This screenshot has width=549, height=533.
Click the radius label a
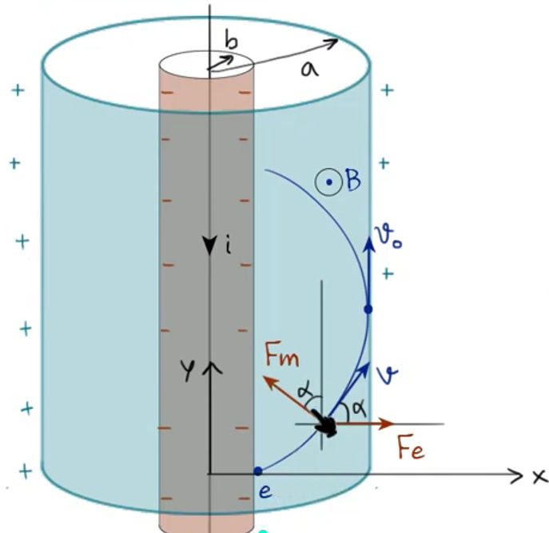click(x=309, y=69)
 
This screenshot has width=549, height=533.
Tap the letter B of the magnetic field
click(x=353, y=180)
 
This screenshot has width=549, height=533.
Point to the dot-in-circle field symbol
click(x=328, y=181)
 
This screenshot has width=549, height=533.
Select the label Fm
click(x=282, y=354)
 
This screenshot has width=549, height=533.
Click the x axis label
click(x=539, y=477)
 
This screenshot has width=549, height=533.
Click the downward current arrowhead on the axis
click(x=209, y=246)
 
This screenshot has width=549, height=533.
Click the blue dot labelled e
click(x=257, y=471)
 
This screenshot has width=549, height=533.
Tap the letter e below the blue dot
click(x=265, y=492)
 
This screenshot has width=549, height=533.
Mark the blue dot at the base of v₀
click(x=368, y=309)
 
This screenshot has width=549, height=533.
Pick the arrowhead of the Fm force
click(x=269, y=383)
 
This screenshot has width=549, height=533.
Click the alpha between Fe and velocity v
click(x=359, y=408)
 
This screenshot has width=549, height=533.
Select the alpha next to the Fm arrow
click(x=304, y=392)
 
